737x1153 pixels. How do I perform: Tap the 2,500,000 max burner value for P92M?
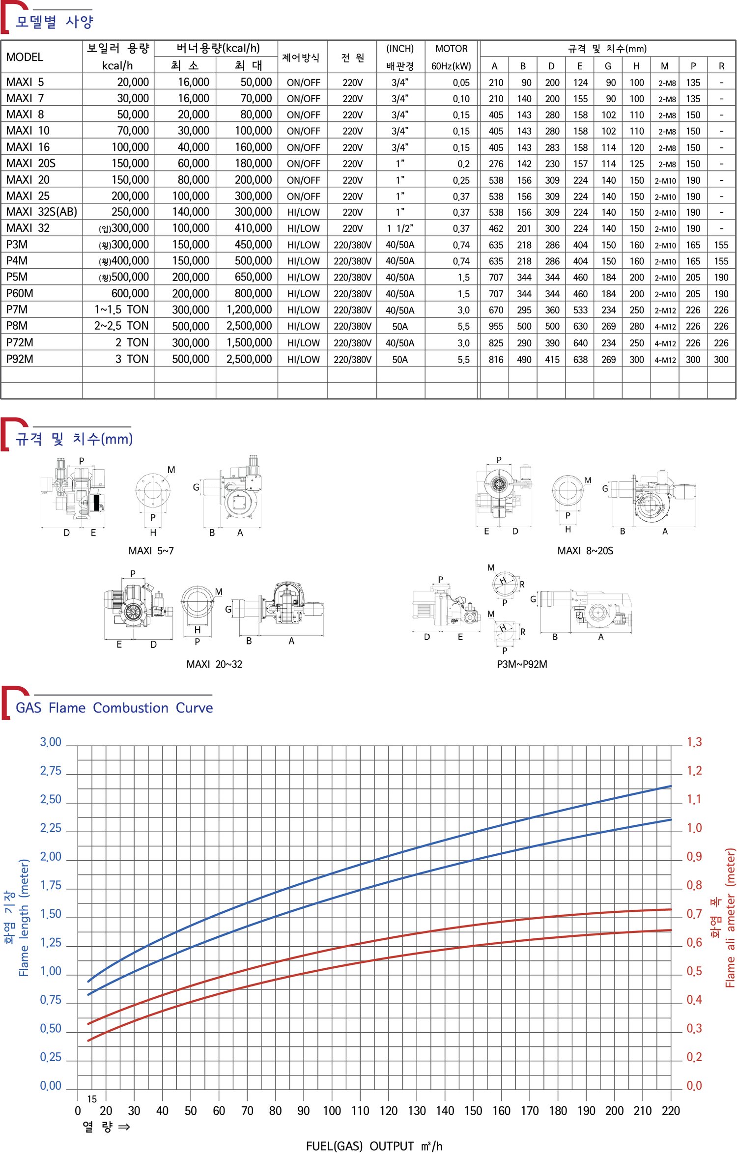249,359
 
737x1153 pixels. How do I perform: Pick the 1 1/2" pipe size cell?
400,228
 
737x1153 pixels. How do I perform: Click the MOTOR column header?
451,49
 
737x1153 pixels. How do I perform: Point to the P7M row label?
17,309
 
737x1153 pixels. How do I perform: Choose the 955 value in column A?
496,326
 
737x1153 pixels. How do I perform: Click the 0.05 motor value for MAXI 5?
461,83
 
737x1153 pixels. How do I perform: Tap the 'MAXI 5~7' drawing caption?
151,551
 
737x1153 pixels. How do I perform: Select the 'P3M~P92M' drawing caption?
522,664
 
